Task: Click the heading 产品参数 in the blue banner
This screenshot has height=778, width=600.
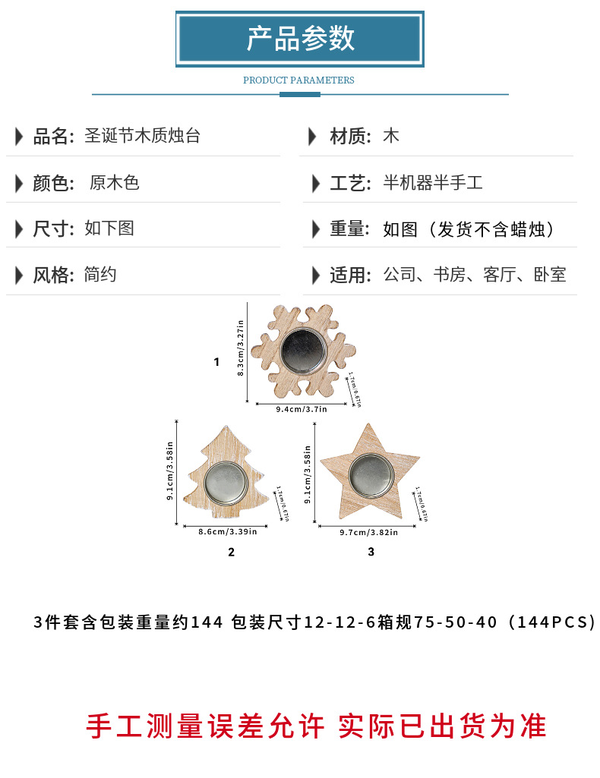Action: (300, 38)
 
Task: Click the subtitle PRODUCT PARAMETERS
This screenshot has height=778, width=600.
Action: (298, 80)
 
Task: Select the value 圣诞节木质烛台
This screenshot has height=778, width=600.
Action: (142, 137)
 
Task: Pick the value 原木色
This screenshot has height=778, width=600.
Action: (115, 183)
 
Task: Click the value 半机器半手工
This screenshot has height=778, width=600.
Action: (433, 183)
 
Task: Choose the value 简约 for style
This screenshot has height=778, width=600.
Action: (100, 275)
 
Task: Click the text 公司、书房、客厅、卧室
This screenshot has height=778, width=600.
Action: (475, 275)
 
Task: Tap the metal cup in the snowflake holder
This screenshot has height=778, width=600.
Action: (301, 349)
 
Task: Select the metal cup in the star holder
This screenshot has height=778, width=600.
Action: (369, 475)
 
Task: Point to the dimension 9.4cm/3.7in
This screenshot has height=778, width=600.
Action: (302, 409)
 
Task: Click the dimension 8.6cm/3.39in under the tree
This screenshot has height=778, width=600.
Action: (228, 532)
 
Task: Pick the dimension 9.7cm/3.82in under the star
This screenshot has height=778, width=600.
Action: (368, 532)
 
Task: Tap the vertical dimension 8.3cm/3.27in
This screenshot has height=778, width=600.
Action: (241, 348)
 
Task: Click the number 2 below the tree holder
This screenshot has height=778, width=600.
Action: (231, 553)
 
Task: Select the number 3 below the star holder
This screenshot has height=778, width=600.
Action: (371, 552)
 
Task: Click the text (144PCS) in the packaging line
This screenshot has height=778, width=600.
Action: (552, 623)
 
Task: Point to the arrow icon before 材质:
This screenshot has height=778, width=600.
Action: (312, 137)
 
